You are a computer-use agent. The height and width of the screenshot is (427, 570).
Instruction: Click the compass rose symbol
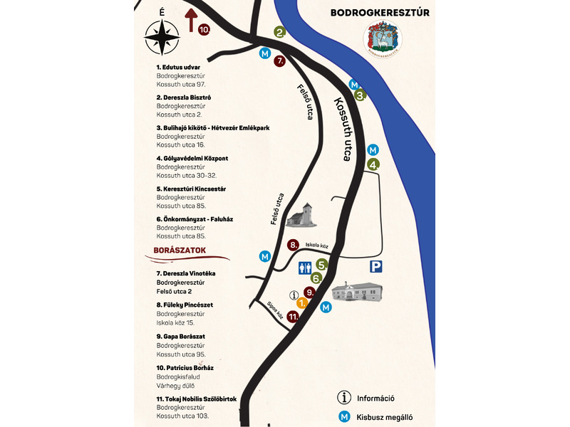[x=162, y=38]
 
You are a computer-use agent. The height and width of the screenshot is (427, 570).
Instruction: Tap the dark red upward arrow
[x=191, y=21]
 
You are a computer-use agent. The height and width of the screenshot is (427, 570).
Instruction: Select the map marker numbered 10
[x=204, y=29]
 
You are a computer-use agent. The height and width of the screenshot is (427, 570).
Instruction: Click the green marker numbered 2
[x=279, y=32]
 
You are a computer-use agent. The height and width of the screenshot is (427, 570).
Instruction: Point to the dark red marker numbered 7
[x=279, y=60]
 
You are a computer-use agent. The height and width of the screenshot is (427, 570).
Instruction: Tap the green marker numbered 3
[x=361, y=95]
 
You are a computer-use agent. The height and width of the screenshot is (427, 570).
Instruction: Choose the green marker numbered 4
[x=373, y=164]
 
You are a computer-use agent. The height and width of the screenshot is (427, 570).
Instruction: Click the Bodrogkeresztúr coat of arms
[x=382, y=39]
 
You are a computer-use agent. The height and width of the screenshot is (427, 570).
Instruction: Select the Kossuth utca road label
[x=343, y=130]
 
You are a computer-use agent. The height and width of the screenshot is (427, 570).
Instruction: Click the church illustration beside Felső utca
[x=301, y=216]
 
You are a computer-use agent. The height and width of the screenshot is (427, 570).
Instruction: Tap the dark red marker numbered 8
[x=293, y=245]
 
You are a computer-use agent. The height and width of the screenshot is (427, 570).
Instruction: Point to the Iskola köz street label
[x=316, y=245]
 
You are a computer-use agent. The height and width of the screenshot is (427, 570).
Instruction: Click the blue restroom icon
[x=305, y=268]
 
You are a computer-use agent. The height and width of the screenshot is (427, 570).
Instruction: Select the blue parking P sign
[x=375, y=266]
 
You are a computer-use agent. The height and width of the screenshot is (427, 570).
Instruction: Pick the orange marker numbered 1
[x=302, y=302]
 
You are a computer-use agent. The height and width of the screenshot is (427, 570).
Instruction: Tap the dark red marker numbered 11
[x=293, y=317]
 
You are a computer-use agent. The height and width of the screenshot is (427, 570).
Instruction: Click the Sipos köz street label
[x=275, y=310]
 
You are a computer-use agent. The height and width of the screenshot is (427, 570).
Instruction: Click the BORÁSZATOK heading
[x=180, y=251]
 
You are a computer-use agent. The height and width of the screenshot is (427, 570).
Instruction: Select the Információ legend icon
[x=344, y=398]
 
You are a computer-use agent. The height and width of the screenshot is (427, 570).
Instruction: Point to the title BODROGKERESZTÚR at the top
[x=380, y=13]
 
